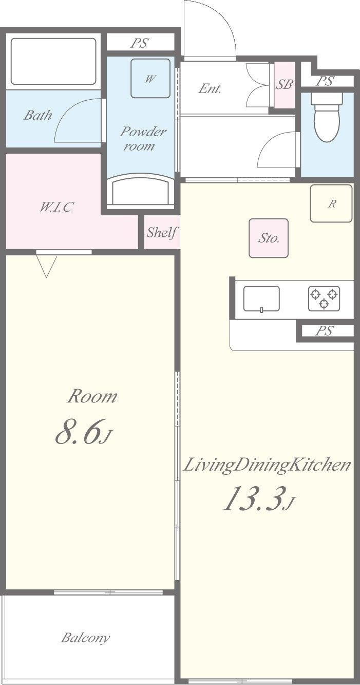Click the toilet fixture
327,118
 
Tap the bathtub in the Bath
53,61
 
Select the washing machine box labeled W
150,78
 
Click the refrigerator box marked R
331,203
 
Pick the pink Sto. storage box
269,238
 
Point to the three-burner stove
324,299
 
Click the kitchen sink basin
261,299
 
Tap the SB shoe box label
285,84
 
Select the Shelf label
162,232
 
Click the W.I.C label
56,207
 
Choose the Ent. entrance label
210,89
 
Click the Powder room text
142,139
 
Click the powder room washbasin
140,191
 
